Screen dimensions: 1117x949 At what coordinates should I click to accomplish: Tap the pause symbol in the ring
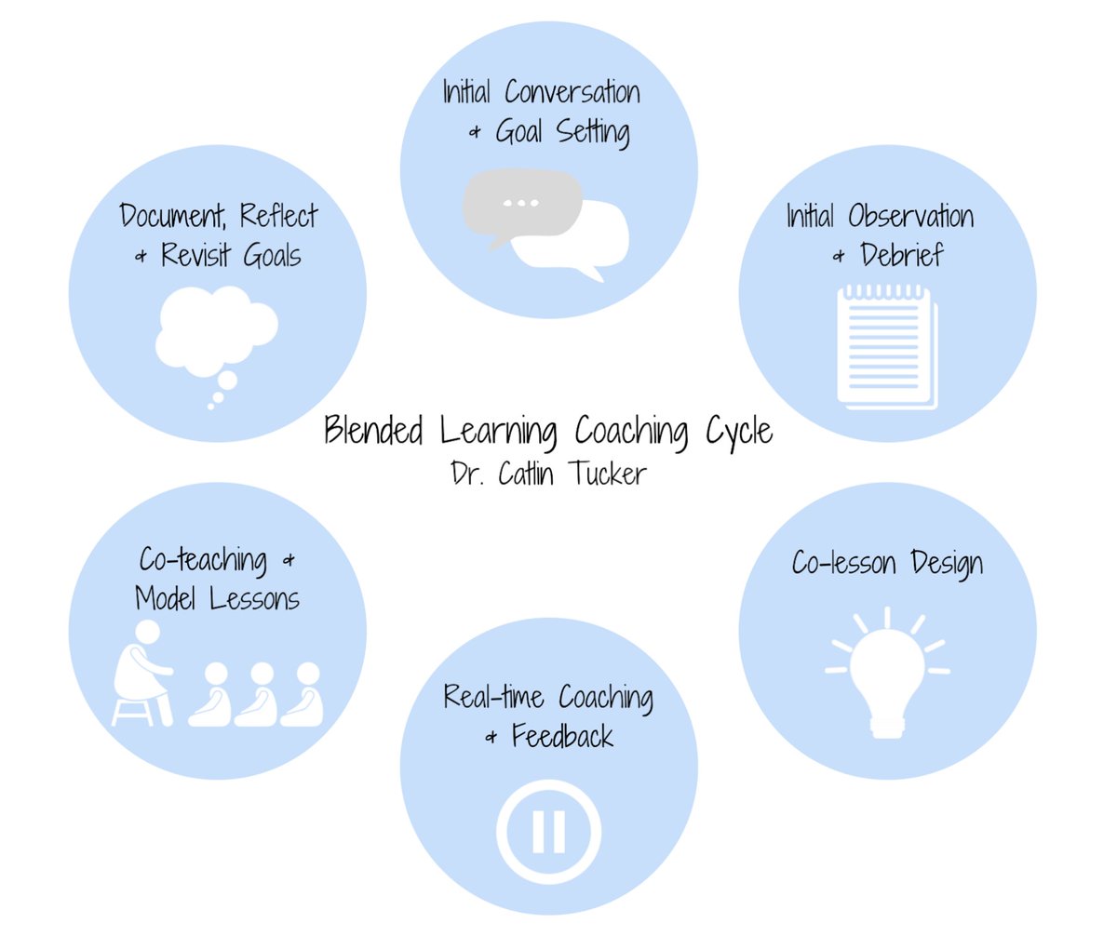pos(548,832)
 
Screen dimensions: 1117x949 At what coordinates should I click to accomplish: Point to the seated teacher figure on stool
pos(142,672)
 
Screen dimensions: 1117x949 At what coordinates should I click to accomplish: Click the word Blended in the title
pos(373,432)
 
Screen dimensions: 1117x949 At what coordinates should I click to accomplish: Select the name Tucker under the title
pos(608,474)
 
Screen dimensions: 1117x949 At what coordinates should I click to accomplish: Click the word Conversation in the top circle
pos(572,92)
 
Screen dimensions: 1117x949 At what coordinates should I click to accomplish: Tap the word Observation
pos(910,217)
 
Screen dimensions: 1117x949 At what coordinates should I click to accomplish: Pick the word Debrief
pos(901,255)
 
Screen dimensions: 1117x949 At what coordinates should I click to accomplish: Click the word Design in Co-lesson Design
pos(946,564)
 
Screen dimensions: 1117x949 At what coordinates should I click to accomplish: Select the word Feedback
pos(562,737)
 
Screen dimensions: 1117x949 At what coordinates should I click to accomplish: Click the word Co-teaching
pos(203,560)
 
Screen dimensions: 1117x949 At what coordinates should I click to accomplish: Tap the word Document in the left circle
pos(173,217)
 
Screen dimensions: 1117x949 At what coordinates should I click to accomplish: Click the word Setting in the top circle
pos(593,132)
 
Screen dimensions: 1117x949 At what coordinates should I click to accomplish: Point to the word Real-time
pos(493,697)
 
